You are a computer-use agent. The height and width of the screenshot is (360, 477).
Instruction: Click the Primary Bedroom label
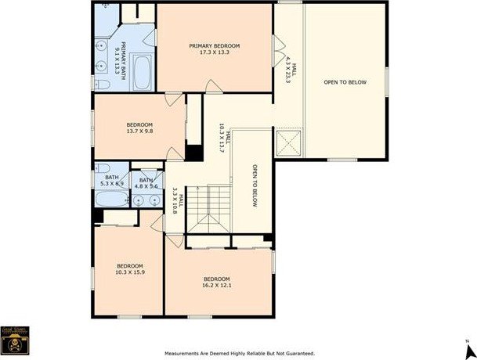(x=214, y=46)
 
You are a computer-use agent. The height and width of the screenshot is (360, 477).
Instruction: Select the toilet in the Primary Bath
(x=103, y=83)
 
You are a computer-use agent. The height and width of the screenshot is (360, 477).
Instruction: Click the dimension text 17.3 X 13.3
(x=214, y=53)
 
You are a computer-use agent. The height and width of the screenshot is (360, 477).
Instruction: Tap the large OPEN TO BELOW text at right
(x=345, y=82)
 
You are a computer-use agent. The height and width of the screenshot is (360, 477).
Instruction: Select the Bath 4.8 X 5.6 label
(x=146, y=182)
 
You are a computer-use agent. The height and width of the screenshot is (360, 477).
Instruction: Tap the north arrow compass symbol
(x=465, y=344)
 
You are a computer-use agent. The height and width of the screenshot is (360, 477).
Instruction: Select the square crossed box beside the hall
(x=287, y=144)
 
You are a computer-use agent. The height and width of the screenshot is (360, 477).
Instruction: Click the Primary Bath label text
(x=121, y=51)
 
